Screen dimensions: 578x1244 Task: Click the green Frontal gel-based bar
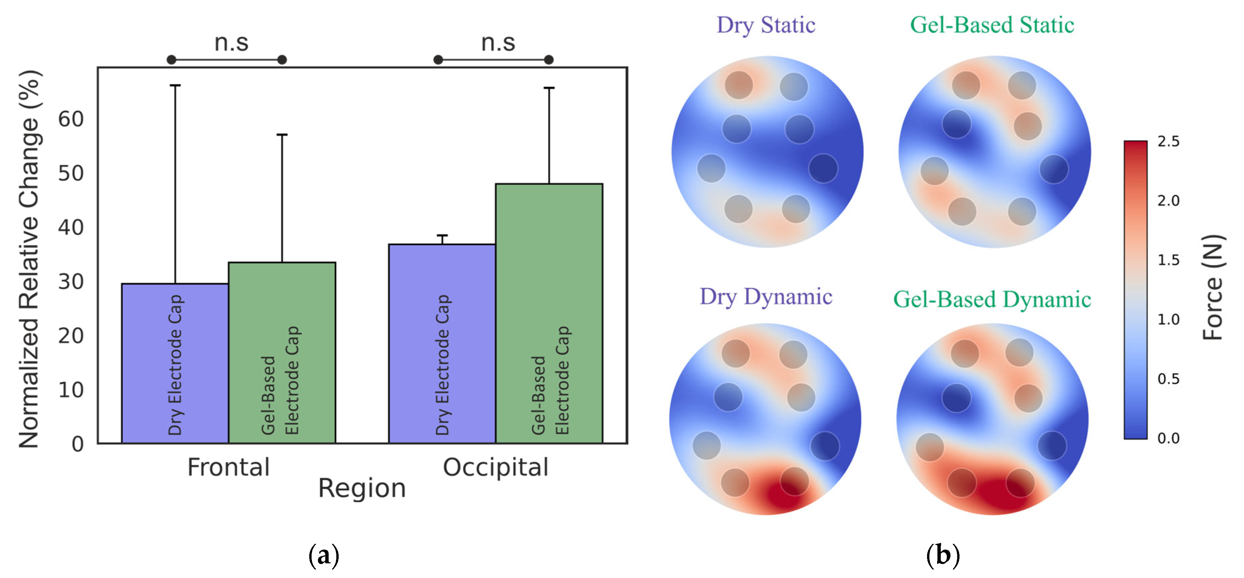[282, 352]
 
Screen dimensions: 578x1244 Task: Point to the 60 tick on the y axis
[71, 119]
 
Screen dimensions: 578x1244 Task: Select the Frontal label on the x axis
[228, 467]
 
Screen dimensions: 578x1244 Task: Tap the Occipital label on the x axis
[495, 467]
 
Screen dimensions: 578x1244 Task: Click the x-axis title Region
[362, 488]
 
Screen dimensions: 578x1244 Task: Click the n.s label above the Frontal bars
[231, 42]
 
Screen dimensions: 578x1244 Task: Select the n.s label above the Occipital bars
[498, 42]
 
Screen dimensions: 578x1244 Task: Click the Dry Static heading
[766, 25]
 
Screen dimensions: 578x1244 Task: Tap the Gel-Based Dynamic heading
[992, 299]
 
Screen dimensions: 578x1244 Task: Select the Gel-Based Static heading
[992, 25]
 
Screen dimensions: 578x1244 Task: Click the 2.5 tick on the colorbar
[1168, 141]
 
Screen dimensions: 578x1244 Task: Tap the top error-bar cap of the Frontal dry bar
[175, 85]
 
